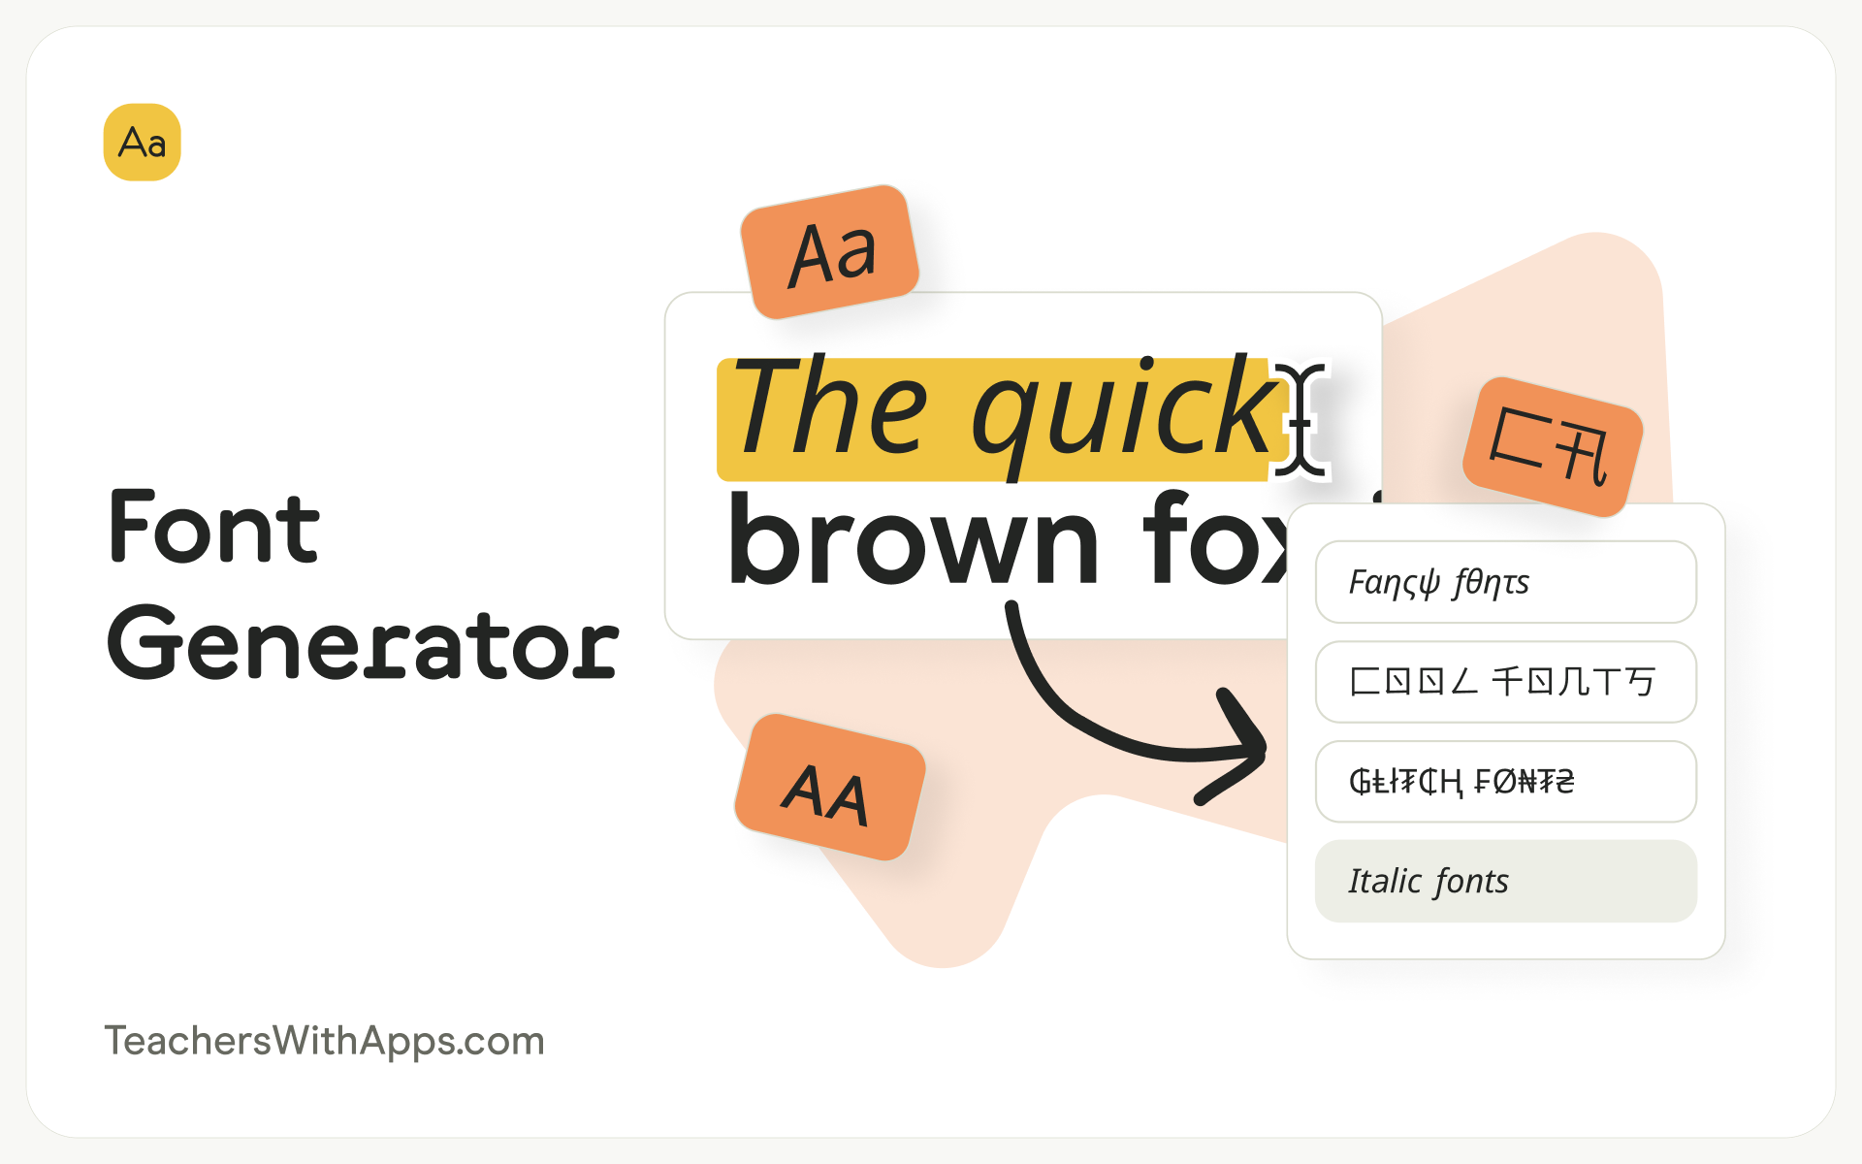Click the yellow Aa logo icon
pyautogui.click(x=142, y=143)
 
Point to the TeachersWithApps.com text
pyautogui.click(x=324, y=1041)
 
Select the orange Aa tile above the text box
pyautogui.click(x=830, y=252)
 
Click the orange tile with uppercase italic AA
pyautogui.click(x=829, y=788)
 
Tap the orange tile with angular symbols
pyautogui.click(x=1552, y=447)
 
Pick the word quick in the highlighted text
pyautogui.click(x=1125, y=412)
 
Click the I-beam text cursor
pyautogui.click(x=1300, y=419)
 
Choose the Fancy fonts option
pyautogui.click(x=1505, y=582)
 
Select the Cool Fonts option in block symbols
pyautogui.click(x=1505, y=682)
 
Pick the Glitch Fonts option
pyautogui.click(x=1505, y=782)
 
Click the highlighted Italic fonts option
pyautogui.click(x=1505, y=881)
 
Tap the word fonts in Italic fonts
pyautogui.click(x=1471, y=881)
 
